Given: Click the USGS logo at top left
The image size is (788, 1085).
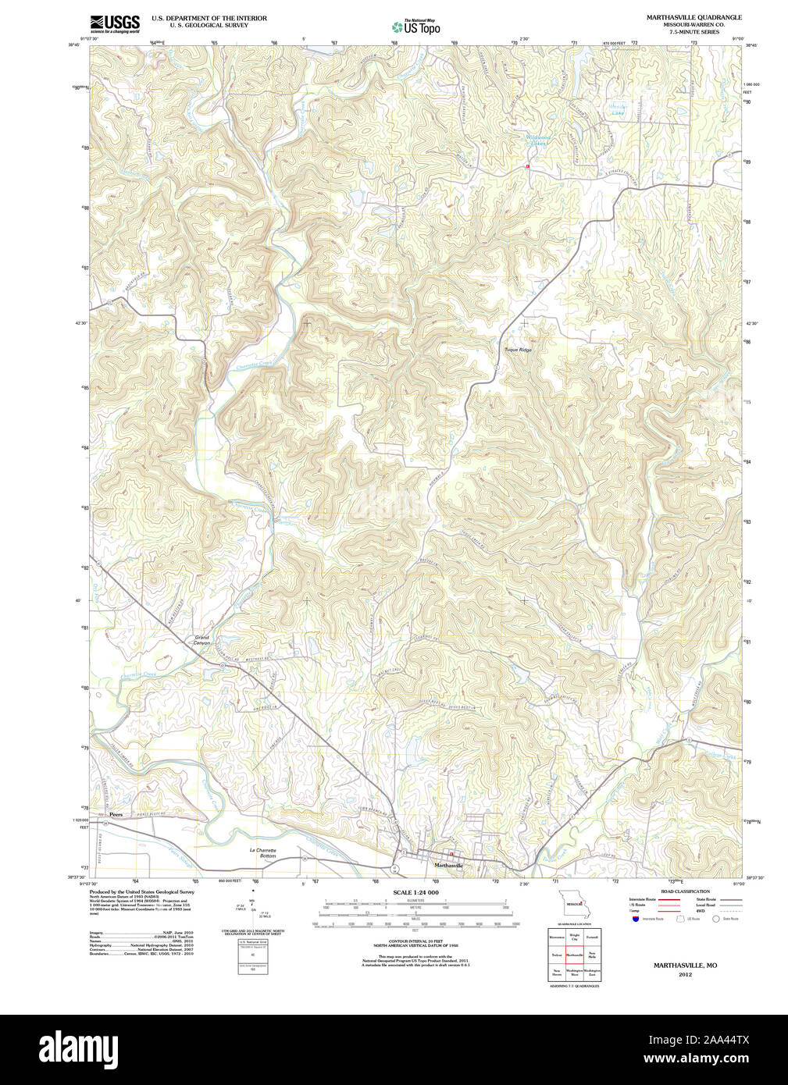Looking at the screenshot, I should pos(115,23).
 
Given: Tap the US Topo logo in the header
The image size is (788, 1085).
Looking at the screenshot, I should pos(415,27).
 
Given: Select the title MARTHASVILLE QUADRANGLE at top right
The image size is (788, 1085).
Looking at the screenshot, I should pos(694,17).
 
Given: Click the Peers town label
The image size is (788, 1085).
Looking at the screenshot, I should pos(116,814).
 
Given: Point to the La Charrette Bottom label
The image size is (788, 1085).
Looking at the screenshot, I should pos(263,852).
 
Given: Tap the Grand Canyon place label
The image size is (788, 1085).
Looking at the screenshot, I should pos(202,640).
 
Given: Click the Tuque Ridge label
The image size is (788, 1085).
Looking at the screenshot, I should pos(518,350).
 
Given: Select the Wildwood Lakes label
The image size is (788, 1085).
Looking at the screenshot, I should pos(537,141).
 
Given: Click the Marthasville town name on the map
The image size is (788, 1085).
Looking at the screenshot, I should pos(448,866).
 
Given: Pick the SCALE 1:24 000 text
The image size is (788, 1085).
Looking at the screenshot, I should pos(415,892).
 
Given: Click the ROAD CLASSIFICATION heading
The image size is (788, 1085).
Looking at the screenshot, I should pos(685,891).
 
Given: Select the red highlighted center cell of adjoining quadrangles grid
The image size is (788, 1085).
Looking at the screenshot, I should pos(575,955).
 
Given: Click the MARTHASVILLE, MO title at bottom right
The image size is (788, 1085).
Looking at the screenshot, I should pos(685,966).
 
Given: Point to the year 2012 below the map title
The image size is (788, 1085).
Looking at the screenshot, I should pos(685,974).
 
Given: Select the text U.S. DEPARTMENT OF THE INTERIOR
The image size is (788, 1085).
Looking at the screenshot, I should pos(209,18).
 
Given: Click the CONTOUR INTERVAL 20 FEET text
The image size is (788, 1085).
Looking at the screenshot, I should pos(415,941).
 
